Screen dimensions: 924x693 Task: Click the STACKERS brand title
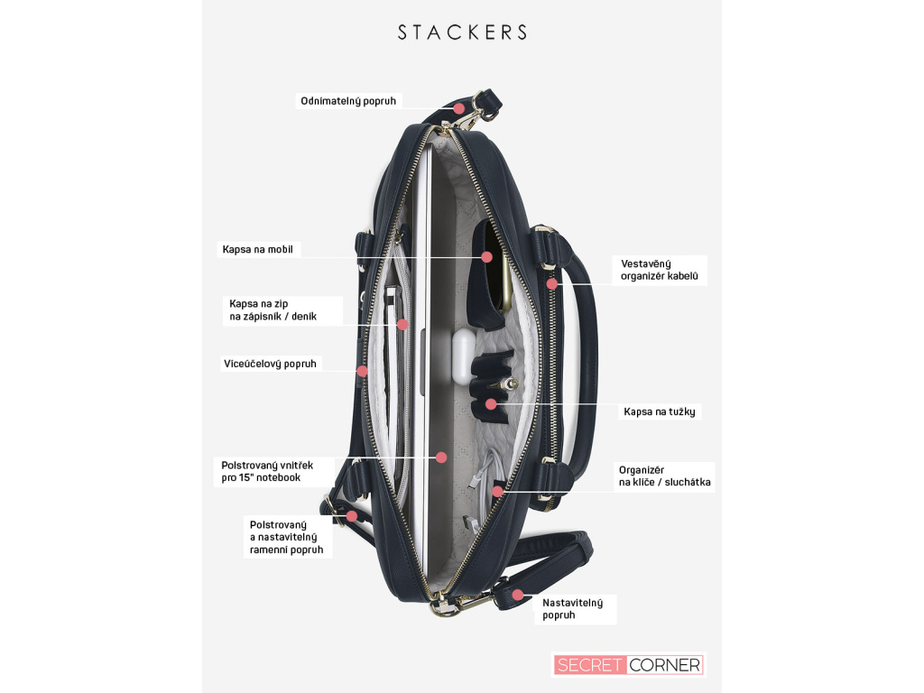(x=462, y=32)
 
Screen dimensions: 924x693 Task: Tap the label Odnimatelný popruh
(x=348, y=101)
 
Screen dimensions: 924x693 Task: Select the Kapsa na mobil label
(x=258, y=249)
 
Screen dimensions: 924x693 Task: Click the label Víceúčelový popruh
(x=270, y=364)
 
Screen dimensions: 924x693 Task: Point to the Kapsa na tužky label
(x=661, y=411)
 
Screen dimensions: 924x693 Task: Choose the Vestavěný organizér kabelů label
(x=660, y=270)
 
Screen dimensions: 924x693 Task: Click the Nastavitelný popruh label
(x=572, y=608)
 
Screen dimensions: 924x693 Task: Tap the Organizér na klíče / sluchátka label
(x=664, y=476)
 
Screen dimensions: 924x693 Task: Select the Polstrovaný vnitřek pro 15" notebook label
(x=267, y=471)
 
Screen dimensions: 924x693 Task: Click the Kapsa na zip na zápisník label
(x=271, y=310)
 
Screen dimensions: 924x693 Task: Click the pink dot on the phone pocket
(x=487, y=257)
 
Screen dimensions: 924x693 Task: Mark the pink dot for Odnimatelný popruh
(x=458, y=108)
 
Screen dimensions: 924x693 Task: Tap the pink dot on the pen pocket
(x=491, y=403)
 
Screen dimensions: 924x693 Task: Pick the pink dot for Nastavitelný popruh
(x=518, y=595)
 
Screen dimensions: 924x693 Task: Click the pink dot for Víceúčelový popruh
(x=362, y=371)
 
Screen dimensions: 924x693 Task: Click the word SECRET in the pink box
(x=589, y=665)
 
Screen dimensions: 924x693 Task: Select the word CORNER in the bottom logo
(x=664, y=665)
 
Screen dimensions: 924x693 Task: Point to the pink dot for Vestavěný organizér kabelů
(x=551, y=283)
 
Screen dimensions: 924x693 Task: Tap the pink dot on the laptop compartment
(x=441, y=457)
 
